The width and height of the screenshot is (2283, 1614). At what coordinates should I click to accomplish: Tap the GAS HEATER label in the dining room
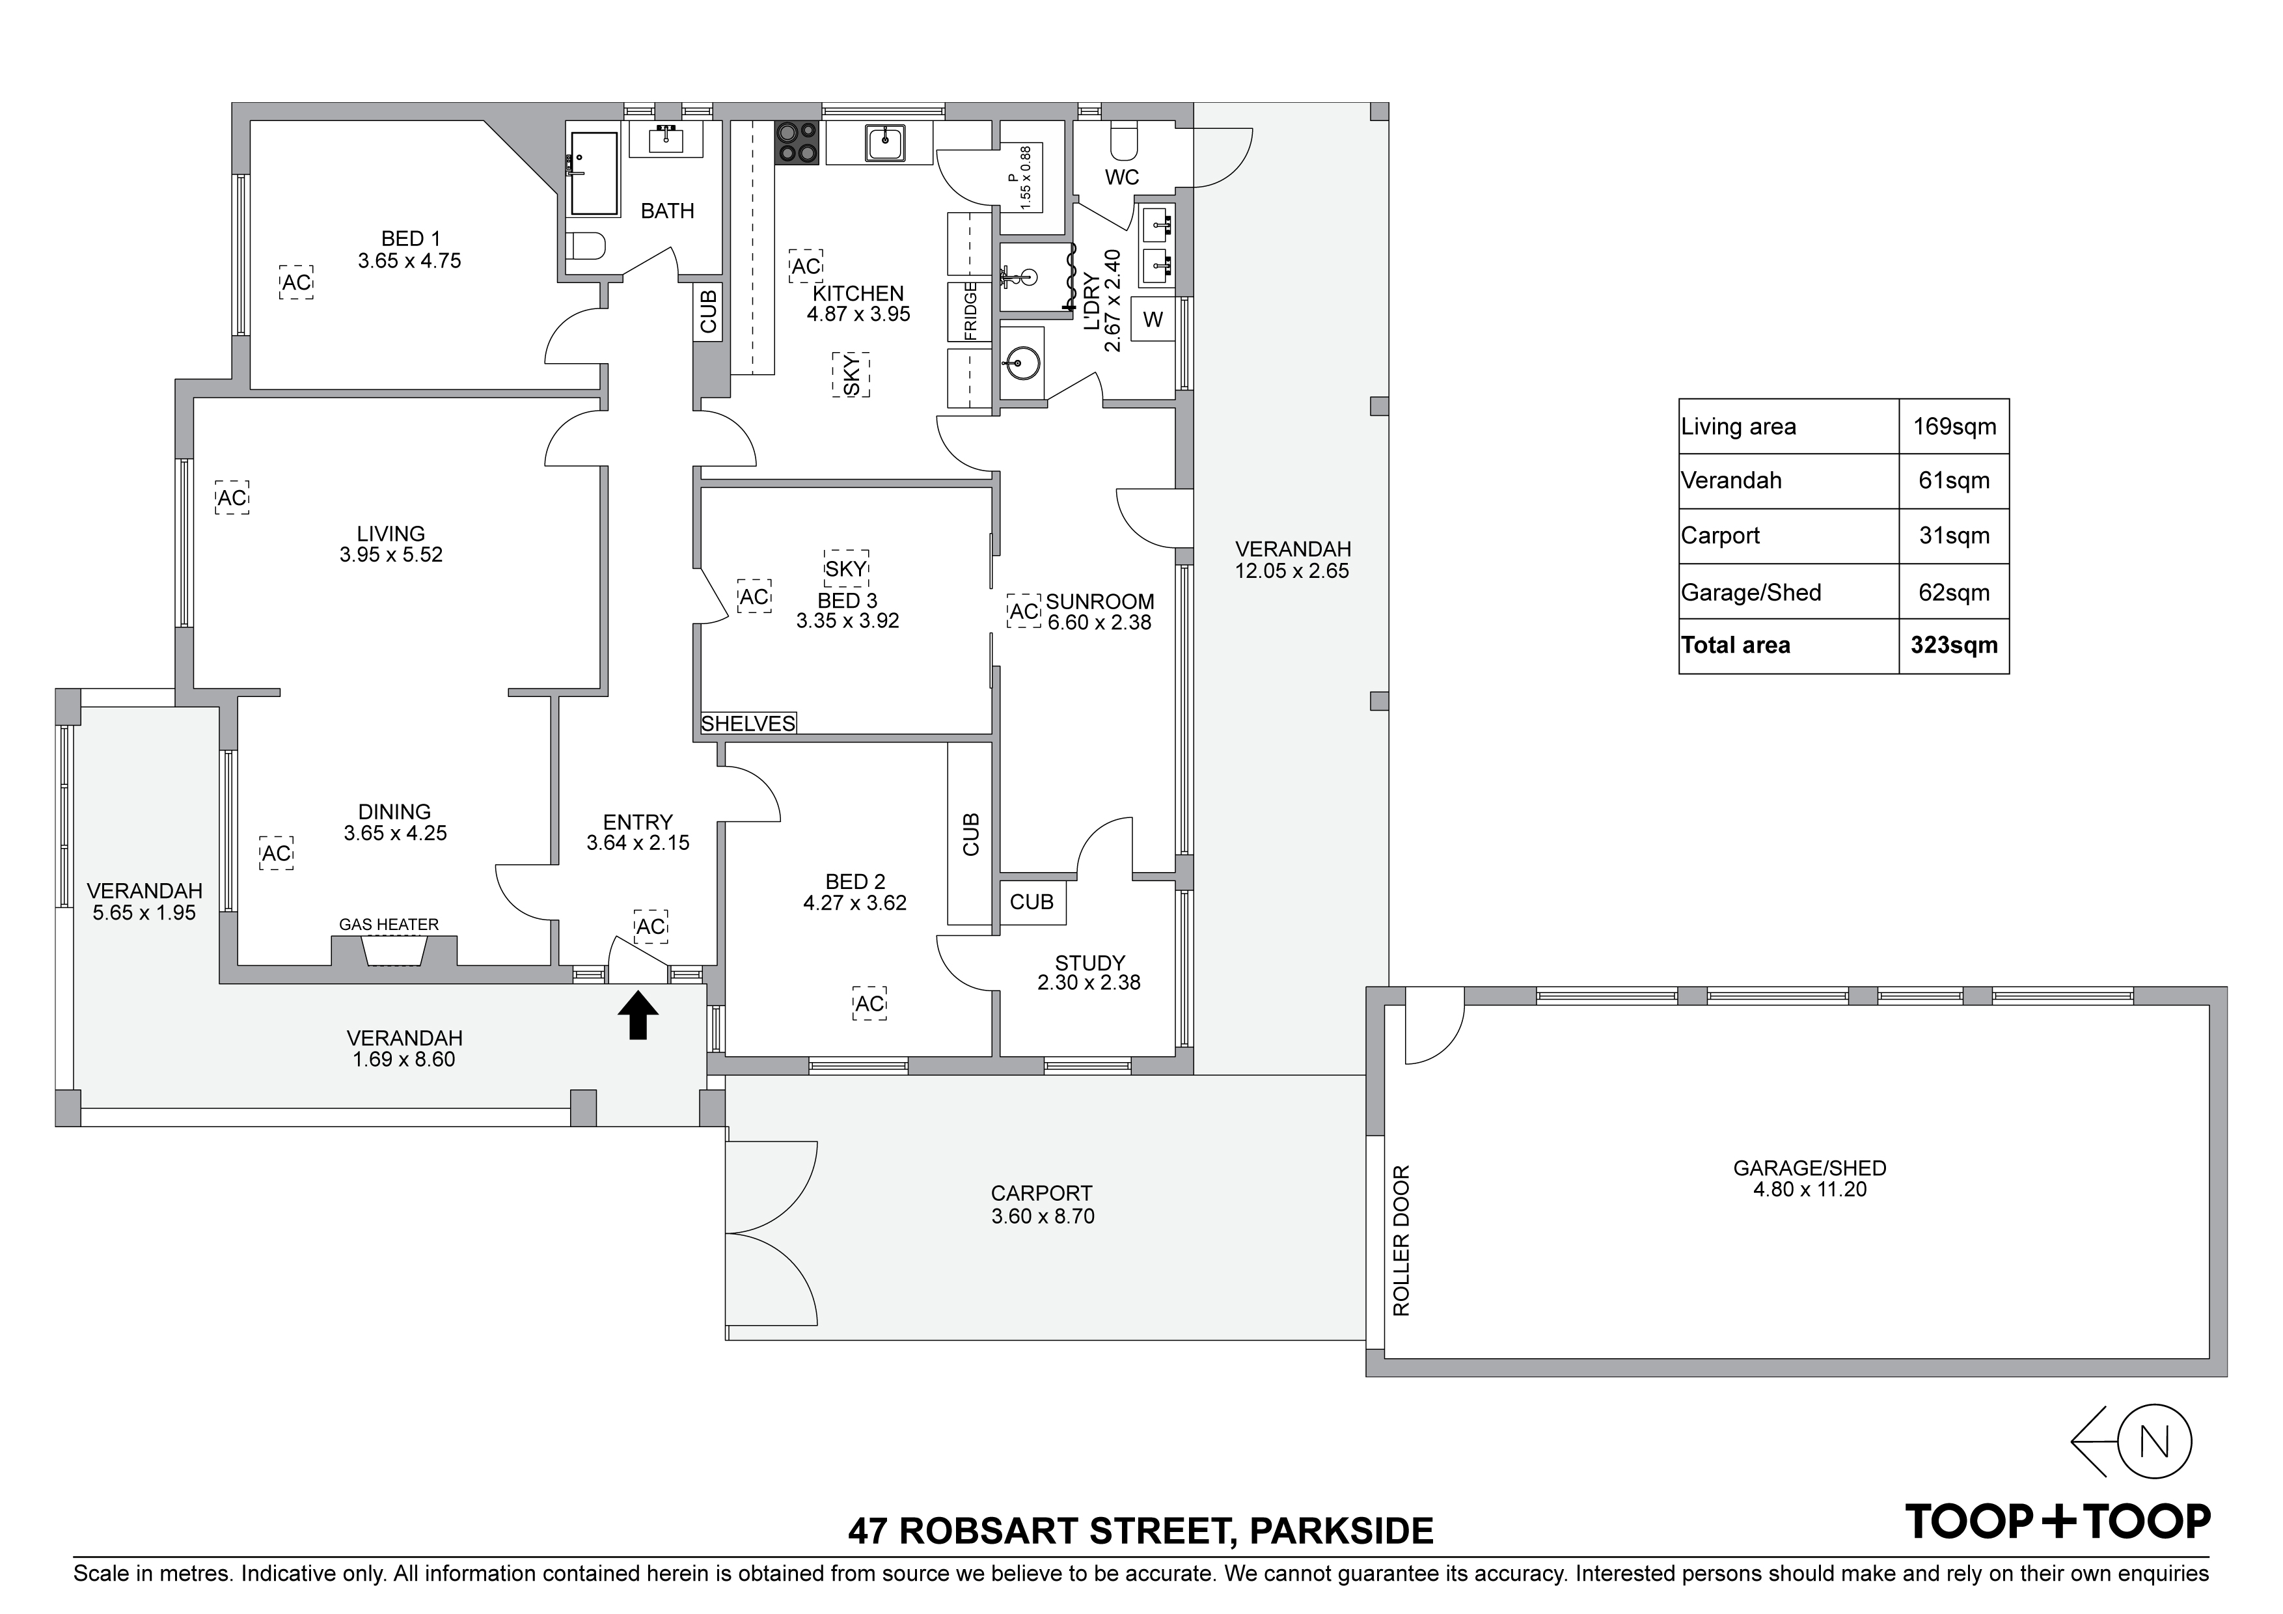pos(389,925)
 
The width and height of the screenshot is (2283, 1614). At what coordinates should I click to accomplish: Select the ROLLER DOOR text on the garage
pos(1402,1241)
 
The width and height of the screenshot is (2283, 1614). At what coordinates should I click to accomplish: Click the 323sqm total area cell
pos(1954,646)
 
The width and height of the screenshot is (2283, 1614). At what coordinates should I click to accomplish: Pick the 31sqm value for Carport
pos(1954,536)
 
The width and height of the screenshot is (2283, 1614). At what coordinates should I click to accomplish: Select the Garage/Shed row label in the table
pos(1751,593)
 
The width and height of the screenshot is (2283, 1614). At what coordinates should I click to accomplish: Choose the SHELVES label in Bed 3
pos(748,724)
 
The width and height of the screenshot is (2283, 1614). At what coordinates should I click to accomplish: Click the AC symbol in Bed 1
pos(296,282)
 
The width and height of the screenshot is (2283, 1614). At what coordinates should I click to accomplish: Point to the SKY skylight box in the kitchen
pos(851,375)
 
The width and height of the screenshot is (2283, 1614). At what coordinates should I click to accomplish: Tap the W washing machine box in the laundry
pos(1153,319)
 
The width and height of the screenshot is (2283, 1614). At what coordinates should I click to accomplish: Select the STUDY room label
pos(1090,963)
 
